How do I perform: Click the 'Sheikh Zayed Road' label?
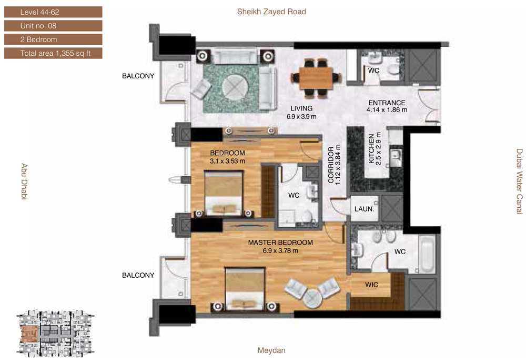pos(271,12)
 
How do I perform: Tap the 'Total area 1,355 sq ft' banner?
pos(53,53)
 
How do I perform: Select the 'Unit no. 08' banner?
pos(53,26)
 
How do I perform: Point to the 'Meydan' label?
pos(271,350)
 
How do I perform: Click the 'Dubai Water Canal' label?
pos(519,181)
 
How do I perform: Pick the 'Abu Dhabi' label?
pos(24,181)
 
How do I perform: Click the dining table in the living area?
pos(316,78)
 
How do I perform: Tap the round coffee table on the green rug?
pos(235,86)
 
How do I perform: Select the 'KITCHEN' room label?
pos(371,149)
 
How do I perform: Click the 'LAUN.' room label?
pos(364,209)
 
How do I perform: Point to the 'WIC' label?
pos(371,285)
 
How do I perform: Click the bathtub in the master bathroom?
pos(427,254)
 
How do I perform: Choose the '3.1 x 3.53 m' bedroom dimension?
pos(227,162)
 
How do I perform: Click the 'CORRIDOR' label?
pos(331,165)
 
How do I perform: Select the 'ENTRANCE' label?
pos(387,103)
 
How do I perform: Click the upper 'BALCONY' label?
pos(138,76)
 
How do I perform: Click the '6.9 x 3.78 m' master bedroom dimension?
pos(280,250)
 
